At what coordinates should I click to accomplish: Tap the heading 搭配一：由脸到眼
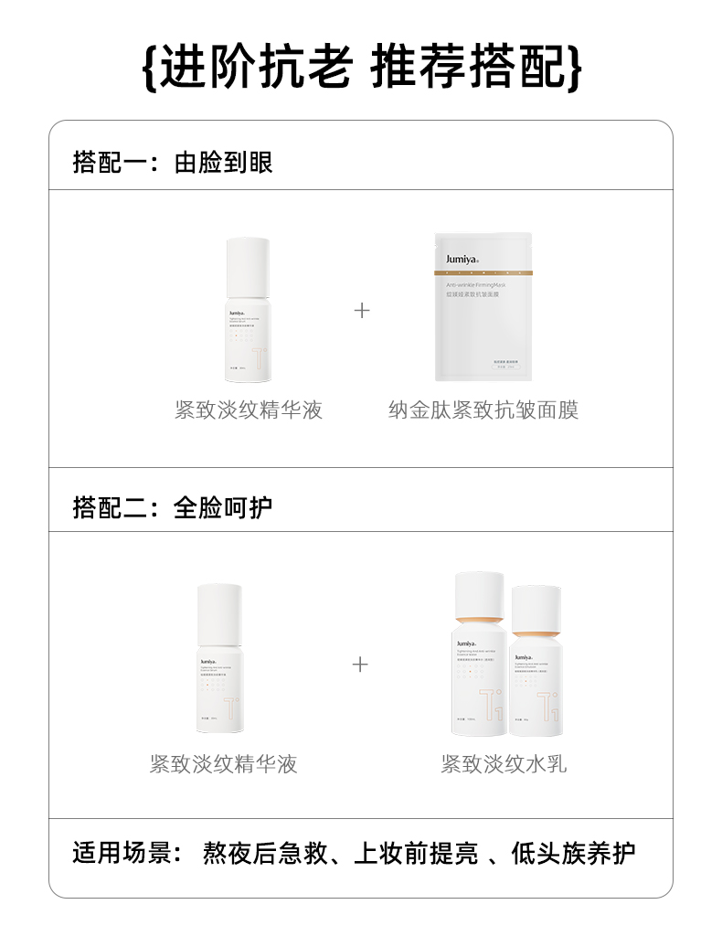pos(173,163)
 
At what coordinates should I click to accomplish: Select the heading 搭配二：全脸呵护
pos(173,507)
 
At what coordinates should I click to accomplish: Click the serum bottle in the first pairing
pos(248,310)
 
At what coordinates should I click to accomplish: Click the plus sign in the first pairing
pos(362,311)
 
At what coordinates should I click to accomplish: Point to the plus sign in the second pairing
pos(361,664)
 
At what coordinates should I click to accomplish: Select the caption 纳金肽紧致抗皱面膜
pos(483,410)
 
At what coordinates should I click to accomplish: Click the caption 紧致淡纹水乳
pos(504,763)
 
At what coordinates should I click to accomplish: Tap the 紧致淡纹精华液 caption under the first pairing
pos(249,410)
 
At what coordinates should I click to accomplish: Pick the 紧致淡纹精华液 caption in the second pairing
pos(223,763)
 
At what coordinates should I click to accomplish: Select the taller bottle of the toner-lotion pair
pos(478,649)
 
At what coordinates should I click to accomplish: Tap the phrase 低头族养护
pos(573,854)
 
